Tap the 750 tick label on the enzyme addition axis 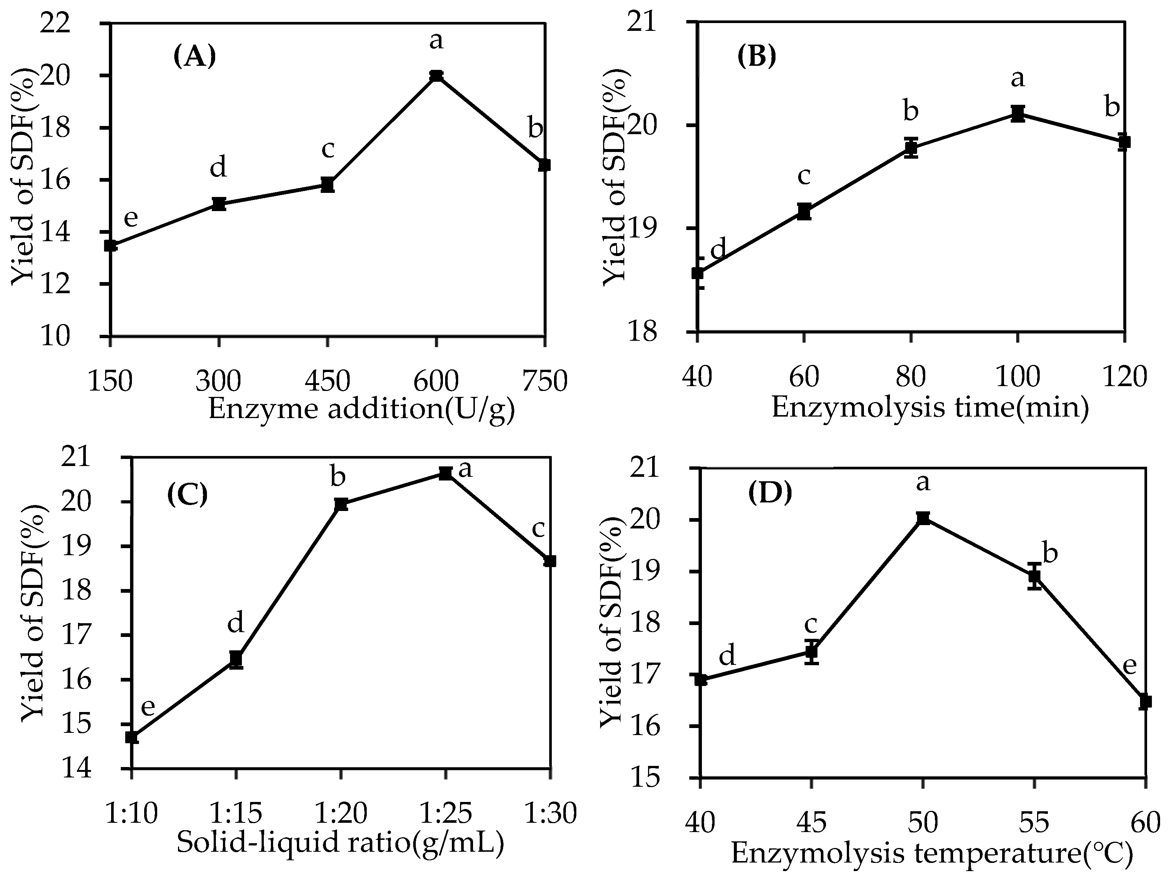[544, 381]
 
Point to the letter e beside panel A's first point [130, 218]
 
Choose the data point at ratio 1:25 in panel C [446, 473]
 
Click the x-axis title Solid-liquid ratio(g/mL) [340, 842]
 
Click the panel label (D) [770, 493]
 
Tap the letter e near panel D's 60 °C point [1129, 666]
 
